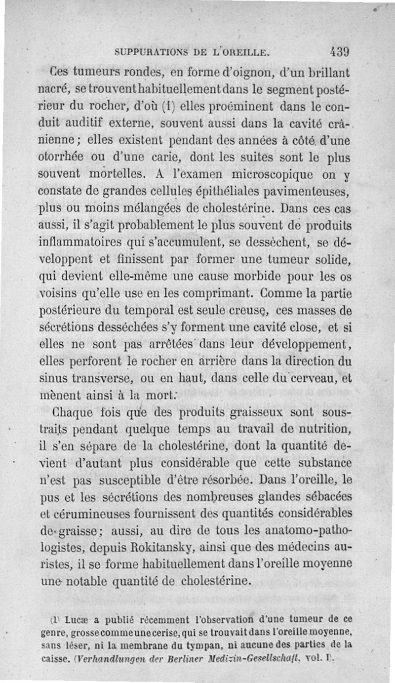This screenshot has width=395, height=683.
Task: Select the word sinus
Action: (x=52, y=378)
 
